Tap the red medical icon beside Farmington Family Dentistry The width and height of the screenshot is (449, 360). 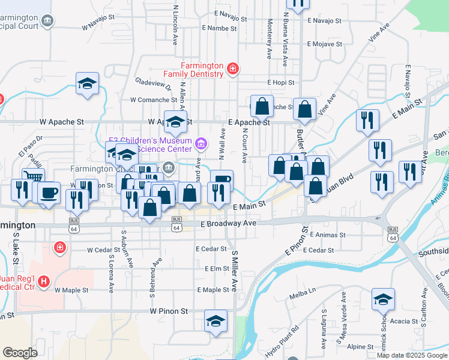(x=232, y=70)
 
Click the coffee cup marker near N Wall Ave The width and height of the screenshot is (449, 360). (x=221, y=179)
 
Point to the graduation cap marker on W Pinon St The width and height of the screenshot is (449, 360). (x=215, y=320)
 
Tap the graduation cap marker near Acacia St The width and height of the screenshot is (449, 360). (x=383, y=298)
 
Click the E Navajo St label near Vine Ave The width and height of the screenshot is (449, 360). (x=324, y=20)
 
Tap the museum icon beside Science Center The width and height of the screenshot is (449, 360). (x=201, y=144)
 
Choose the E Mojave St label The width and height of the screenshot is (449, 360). (x=324, y=44)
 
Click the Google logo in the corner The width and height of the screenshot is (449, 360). (x=20, y=352)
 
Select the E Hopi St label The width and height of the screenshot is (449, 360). (x=282, y=83)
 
